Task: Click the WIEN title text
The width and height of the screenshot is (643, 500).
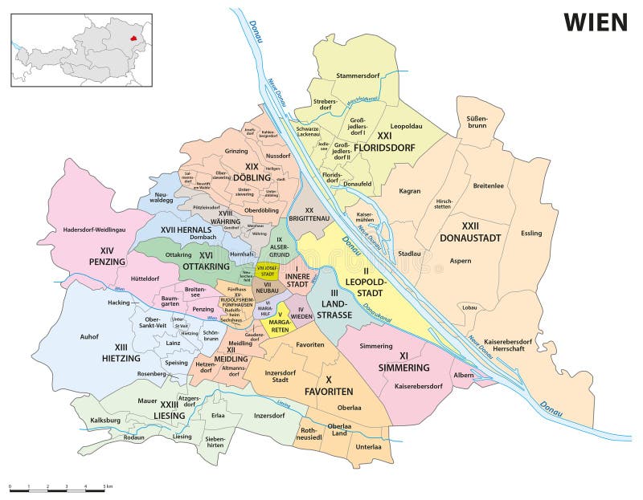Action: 595,22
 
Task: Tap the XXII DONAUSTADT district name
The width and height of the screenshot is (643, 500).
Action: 470,232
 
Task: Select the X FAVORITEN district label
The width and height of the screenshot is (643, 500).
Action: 328,385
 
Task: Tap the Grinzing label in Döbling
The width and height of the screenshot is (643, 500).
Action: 236,151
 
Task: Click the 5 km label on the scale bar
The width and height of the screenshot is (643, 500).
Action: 107,487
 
